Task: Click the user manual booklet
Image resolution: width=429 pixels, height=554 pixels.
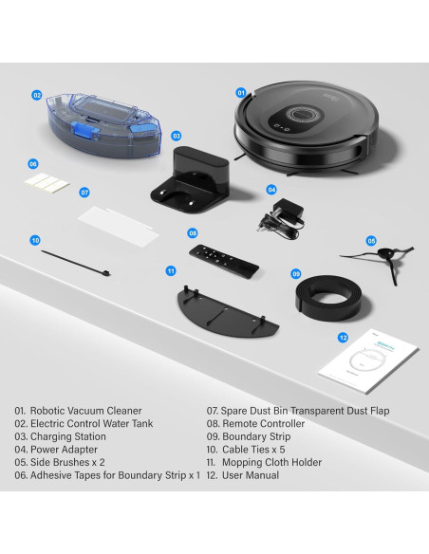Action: coord(368,366)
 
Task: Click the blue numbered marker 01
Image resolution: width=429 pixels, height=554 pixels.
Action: coord(241,93)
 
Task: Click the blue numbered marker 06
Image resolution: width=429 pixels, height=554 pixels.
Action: coord(32,163)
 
